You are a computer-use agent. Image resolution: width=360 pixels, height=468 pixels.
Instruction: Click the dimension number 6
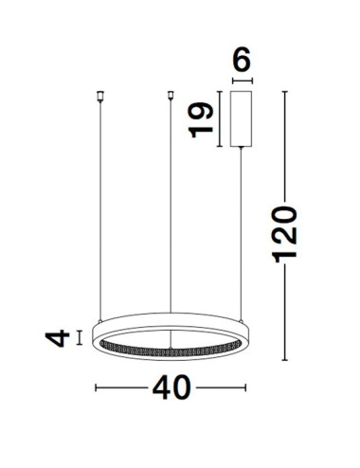[241, 62]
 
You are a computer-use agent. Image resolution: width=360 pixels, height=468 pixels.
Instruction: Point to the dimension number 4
[59, 336]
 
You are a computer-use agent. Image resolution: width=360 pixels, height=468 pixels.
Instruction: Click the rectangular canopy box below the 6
[241, 118]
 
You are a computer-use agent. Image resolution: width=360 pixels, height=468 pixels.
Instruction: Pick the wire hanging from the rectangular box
[241, 237]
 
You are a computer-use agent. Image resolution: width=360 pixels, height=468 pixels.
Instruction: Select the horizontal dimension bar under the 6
[241, 81]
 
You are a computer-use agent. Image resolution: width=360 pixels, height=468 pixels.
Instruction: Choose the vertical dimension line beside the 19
[220, 118]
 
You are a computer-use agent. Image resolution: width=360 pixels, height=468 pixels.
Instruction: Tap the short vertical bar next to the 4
[80, 336]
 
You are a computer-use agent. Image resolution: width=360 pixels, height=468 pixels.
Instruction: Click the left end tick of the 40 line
[96, 387]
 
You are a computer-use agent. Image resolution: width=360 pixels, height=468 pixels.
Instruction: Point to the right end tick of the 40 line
[245, 387]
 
